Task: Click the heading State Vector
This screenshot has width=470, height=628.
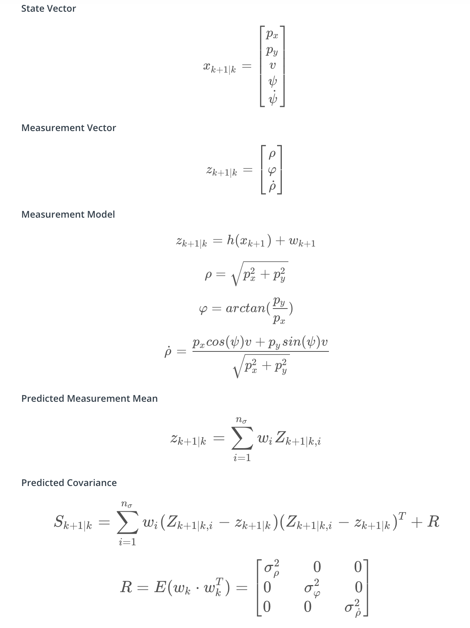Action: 48,9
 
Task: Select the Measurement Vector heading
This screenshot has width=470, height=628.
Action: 69,128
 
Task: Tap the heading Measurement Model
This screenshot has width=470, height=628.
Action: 68,215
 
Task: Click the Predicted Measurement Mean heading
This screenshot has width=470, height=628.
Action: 89,399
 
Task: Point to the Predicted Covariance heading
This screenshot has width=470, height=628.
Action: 69,483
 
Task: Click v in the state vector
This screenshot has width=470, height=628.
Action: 272,66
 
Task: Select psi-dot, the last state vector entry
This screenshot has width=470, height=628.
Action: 272,98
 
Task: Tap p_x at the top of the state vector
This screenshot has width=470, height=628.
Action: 272,35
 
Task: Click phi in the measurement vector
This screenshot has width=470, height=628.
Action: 272,170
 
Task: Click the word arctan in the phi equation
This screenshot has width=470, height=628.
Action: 245,309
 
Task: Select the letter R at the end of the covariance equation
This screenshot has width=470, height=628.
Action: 433,522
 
